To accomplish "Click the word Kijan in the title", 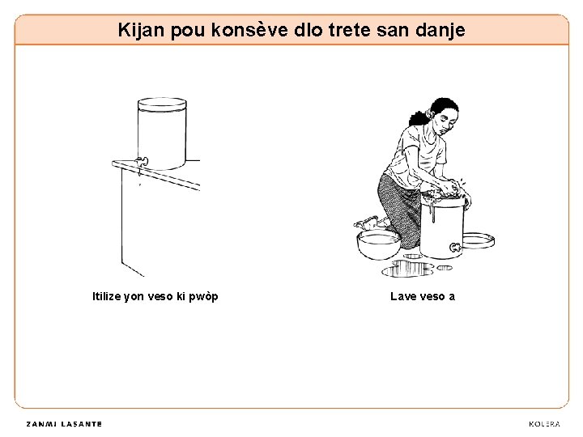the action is pyautogui.click(x=141, y=31).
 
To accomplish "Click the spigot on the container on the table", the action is pyautogui.click(x=142, y=162).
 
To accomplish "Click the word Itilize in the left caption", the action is pyautogui.click(x=106, y=296).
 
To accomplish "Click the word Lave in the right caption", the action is pyautogui.click(x=402, y=296).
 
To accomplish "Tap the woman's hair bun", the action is pyautogui.click(x=418, y=118).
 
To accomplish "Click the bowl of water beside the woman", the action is pyautogui.click(x=378, y=244).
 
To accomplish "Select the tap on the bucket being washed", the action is pyautogui.click(x=455, y=247).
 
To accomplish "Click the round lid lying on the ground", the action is pyautogui.click(x=479, y=240).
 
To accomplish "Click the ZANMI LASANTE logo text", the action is pyautogui.click(x=64, y=424).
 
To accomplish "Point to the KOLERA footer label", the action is pyautogui.click(x=544, y=424).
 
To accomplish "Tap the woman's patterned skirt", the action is pyautogui.click(x=398, y=208).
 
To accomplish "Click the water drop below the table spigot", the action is pyautogui.click(x=140, y=184).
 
